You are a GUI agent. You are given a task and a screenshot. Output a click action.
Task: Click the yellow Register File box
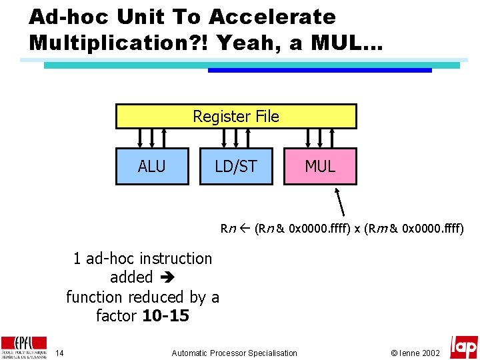(236, 116)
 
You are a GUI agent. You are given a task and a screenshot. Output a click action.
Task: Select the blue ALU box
(152, 166)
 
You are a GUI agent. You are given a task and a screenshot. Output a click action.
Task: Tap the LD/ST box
(236, 166)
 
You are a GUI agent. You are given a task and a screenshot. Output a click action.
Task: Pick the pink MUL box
(320, 166)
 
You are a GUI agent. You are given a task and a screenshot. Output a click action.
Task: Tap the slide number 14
(59, 353)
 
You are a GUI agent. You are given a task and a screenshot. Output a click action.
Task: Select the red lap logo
(463, 347)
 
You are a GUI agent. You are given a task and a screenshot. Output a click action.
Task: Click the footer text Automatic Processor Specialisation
(234, 353)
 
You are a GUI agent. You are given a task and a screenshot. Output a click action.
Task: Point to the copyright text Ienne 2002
(415, 353)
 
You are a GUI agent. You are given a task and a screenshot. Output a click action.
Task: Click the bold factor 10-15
(166, 315)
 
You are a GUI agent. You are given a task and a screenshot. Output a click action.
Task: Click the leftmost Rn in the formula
(228, 229)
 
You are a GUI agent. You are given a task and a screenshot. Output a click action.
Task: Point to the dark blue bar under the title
(320, 70)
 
